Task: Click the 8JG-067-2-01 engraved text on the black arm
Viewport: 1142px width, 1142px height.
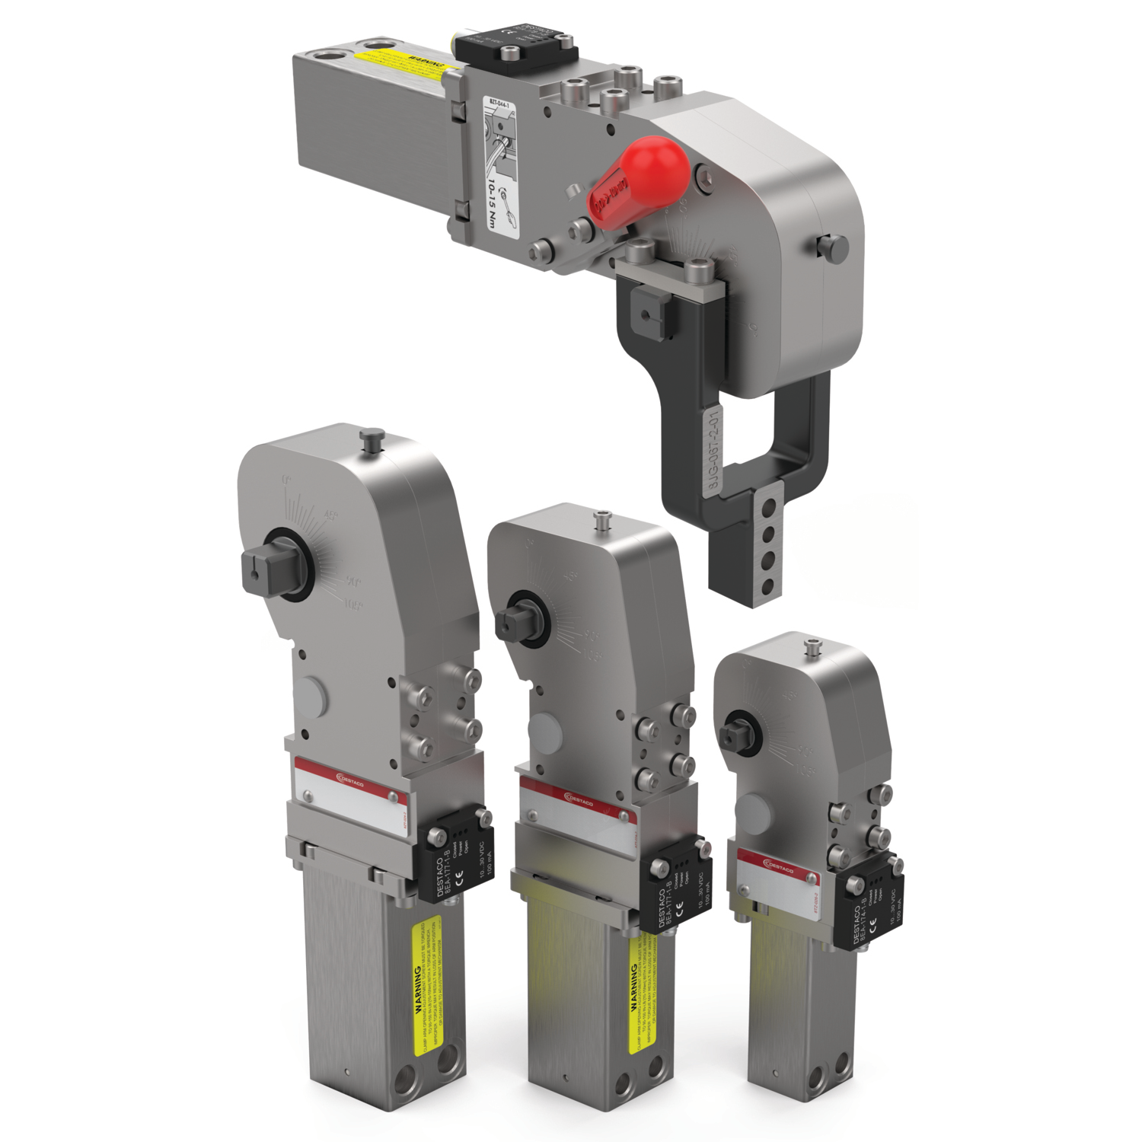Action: [712, 452]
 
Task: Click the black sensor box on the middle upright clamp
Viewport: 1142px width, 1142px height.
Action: [675, 883]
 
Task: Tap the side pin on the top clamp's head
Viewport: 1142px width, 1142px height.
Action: [834, 247]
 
